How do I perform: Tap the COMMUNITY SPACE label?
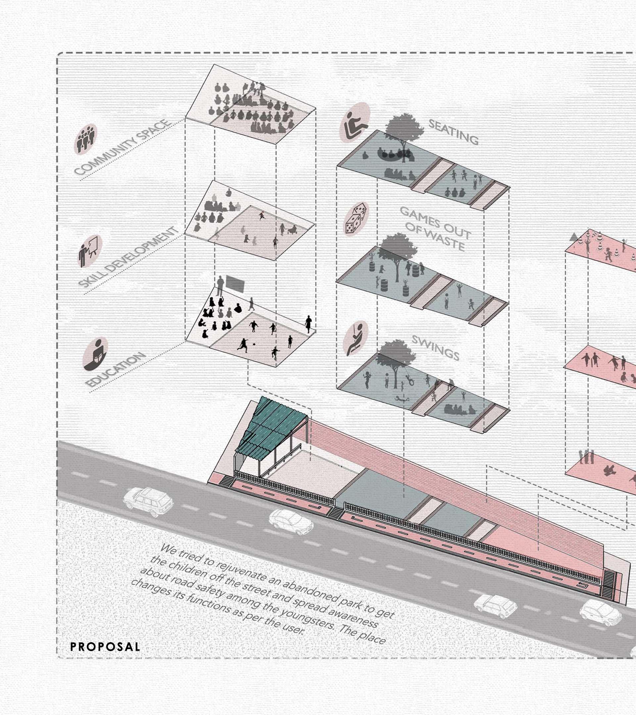[x=123, y=147]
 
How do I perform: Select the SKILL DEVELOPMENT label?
[x=128, y=257]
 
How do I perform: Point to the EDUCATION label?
[x=115, y=370]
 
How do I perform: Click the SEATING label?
[x=453, y=132]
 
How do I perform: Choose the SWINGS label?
[x=435, y=348]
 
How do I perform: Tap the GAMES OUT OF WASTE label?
[x=435, y=228]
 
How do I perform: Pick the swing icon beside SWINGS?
[x=355, y=338]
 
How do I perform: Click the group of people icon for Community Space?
[x=85, y=139]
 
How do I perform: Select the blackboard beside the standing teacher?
[x=235, y=283]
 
